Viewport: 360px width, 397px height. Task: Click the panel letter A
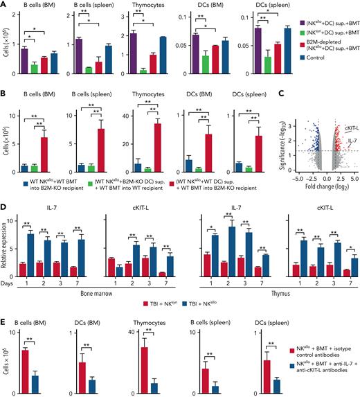pyautogui.click(x=5, y=5)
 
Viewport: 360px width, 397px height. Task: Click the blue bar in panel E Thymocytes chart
pyautogui.click(x=156, y=373)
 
